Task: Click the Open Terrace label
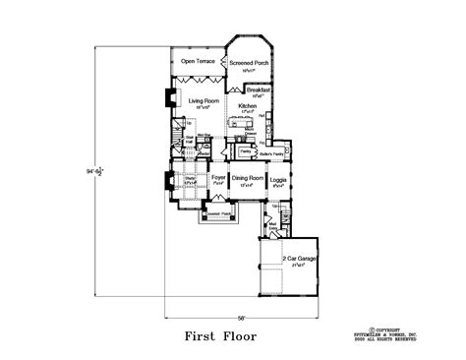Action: [198, 62]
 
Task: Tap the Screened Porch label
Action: [249, 62]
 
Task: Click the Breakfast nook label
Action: [258, 89]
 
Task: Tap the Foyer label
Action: [218, 178]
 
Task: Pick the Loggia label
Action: [278, 178]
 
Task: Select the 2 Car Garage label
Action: [299, 259]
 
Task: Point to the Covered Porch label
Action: [218, 210]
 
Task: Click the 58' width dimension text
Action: [241, 317]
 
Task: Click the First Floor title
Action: [220, 336]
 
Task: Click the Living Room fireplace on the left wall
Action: [166, 97]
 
